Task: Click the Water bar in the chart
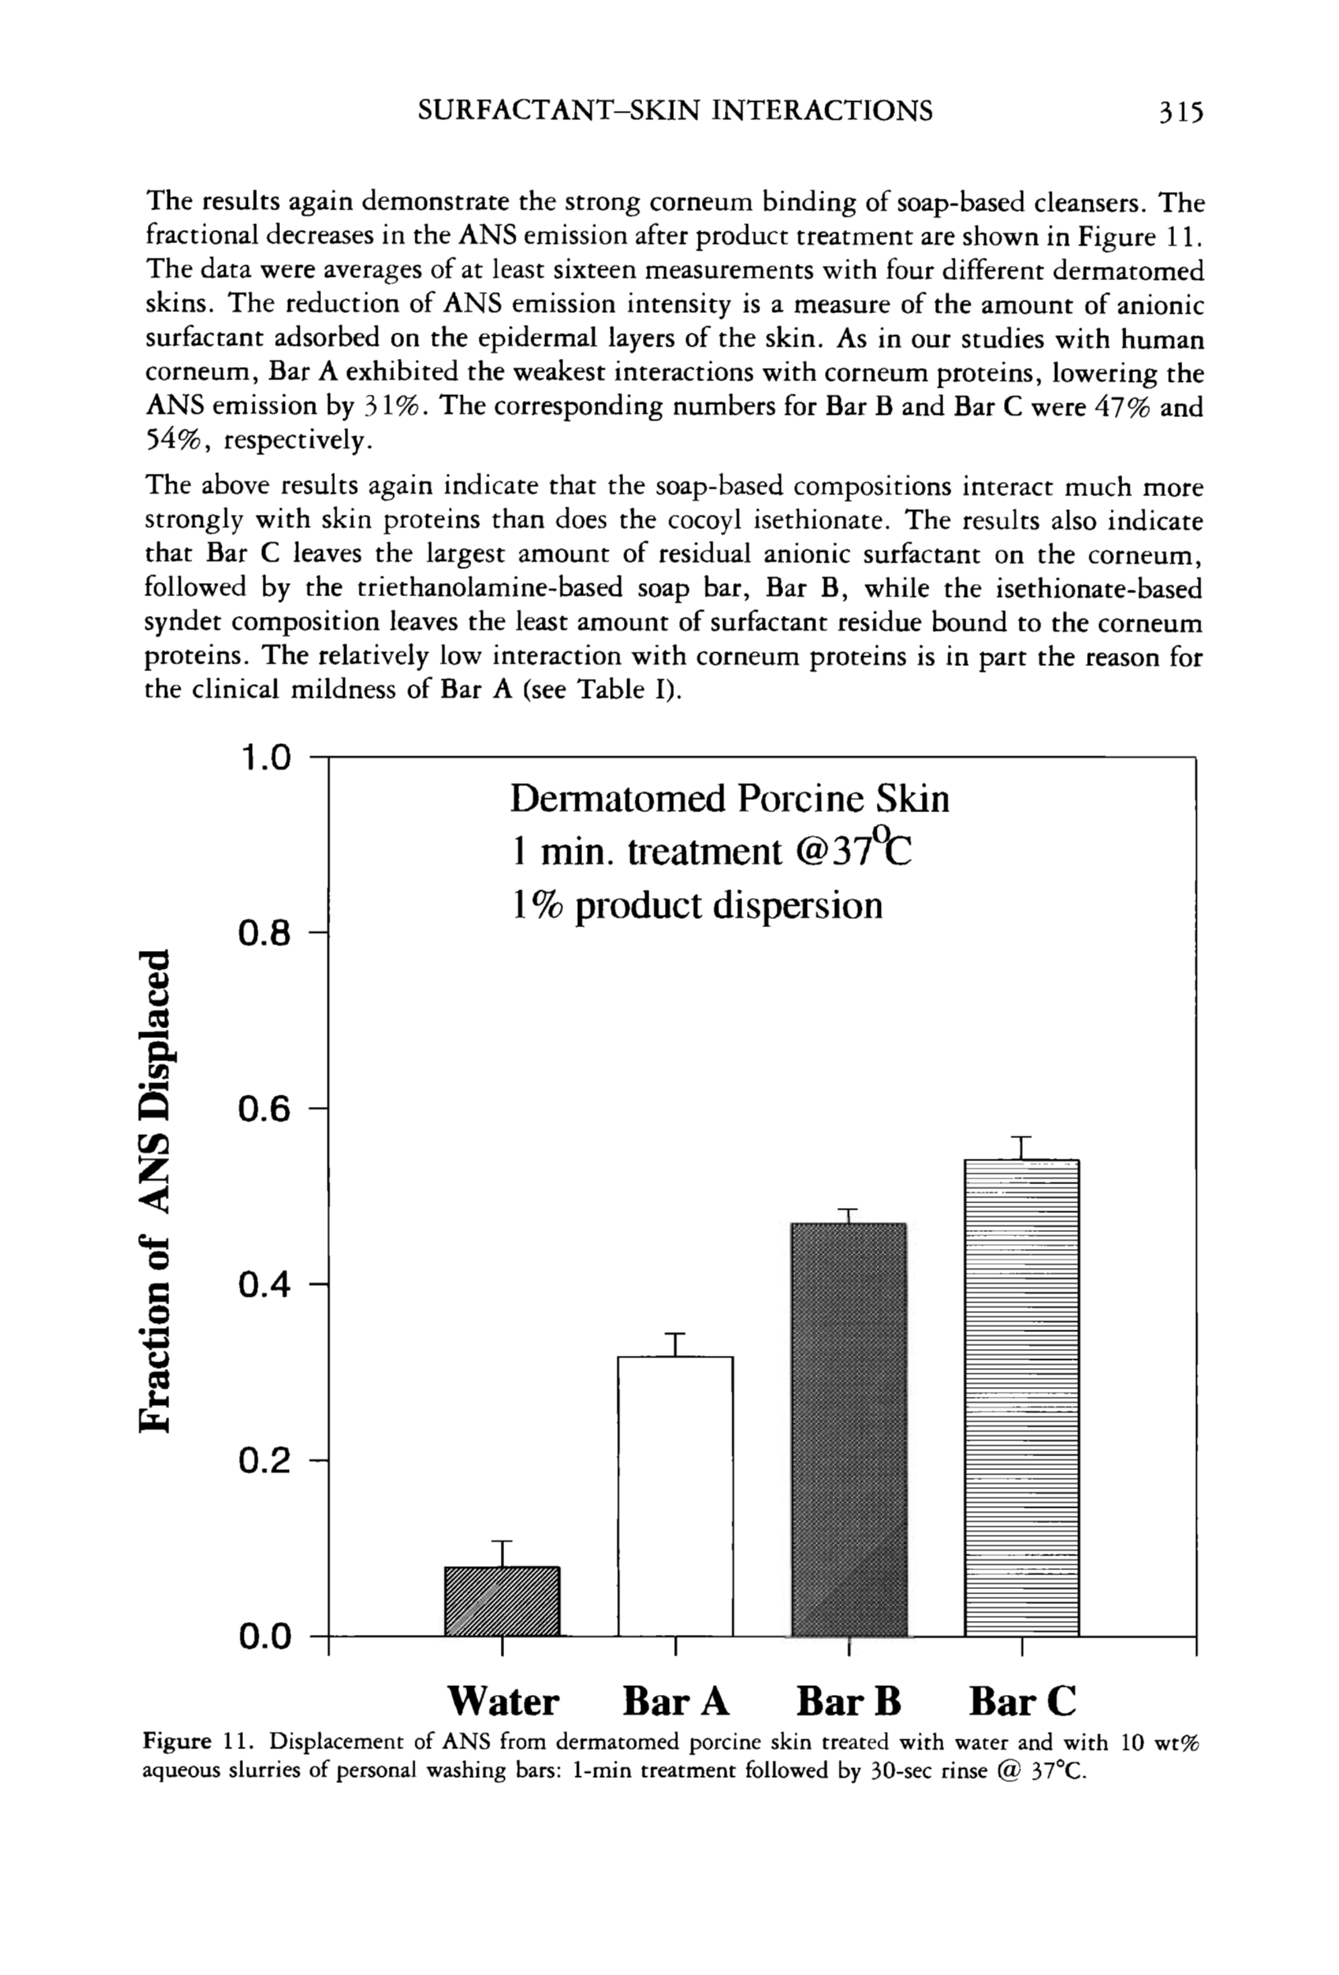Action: (502, 1601)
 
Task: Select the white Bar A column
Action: (675, 1495)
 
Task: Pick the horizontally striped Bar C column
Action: (1021, 1397)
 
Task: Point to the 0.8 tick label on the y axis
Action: (264, 933)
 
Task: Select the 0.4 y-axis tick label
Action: (264, 1285)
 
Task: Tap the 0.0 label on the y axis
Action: (264, 1636)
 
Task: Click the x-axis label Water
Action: (503, 1702)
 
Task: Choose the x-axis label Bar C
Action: (1022, 1702)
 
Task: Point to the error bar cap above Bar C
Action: (1021, 1137)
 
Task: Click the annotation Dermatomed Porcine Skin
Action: (729, 799)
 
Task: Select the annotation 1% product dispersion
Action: (697, 906)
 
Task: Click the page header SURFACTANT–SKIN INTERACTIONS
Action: (676, 112)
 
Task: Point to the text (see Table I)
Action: (600, 689)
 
